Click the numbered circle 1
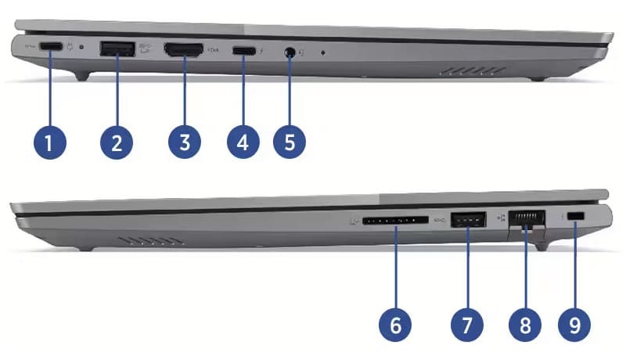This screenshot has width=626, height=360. pos(50,143)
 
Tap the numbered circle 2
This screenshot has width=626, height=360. pos(117,143)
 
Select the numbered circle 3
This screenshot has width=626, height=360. pos(184,143)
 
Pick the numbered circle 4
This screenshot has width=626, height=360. pos(243,143)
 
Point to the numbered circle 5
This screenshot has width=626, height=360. pos(290,143)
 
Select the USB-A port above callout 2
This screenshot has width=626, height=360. pos(117,49)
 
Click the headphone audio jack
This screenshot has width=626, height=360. pos(290,52)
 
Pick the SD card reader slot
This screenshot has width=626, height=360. pos(396,221)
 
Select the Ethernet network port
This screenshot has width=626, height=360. pos(527,221)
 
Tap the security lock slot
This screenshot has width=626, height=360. pos(577,216)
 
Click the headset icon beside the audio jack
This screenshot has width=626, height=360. pos(306,52)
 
